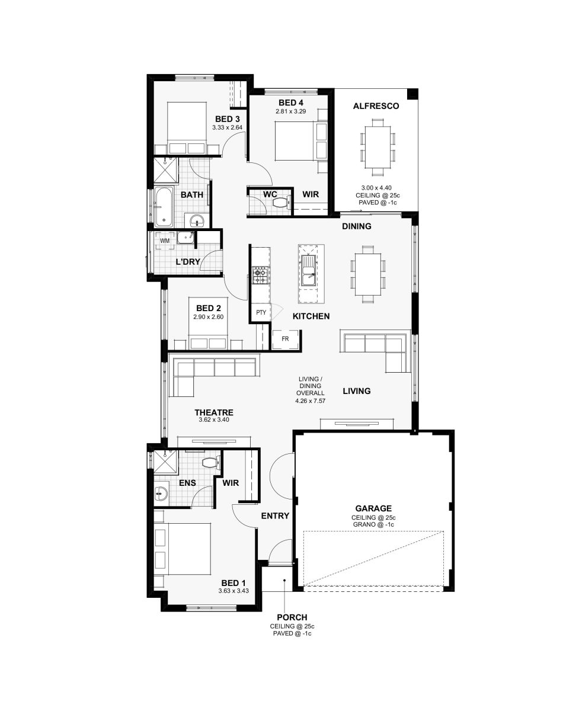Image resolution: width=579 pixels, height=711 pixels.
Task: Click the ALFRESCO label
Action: [x=376, y=106]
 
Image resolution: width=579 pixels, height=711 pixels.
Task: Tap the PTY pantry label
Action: [x=261, y=312]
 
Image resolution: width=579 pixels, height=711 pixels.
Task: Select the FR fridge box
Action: [x=285, y=339]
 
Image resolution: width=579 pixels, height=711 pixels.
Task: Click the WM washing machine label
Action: [x=165, y=241]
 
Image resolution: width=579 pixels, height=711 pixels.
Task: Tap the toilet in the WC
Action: [x=282, y=203]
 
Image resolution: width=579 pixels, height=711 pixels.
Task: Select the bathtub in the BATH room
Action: [x=164, y=207]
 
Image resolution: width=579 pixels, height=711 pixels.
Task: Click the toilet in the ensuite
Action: [x=212, y=463]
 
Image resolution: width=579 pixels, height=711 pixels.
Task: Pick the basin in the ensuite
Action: [x=161, y=494]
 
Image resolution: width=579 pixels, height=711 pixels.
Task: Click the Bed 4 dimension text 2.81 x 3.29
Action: [x=290, y=111]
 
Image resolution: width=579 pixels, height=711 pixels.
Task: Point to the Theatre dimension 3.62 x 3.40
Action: [x=214, y=420]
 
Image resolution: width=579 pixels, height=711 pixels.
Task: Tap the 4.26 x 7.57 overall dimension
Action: [x=310, y=401]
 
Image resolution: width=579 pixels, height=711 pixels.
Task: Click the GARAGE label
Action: [x=373, y=508]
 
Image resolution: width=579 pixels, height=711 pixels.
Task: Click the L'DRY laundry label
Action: [x=188, y=262]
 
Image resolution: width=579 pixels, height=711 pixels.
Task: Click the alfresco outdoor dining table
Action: [x=378, y=147]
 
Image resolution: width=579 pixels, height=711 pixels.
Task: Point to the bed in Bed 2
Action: [x=209, y=324]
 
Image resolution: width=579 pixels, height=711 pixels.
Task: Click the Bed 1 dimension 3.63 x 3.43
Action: [x=233, y=591]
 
